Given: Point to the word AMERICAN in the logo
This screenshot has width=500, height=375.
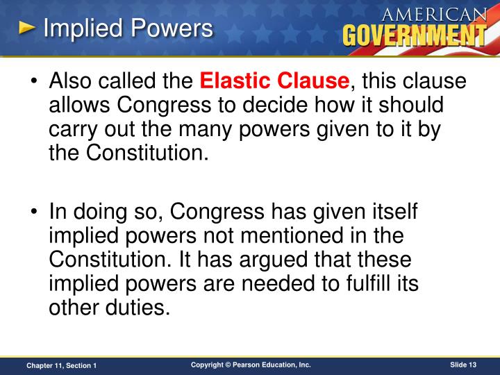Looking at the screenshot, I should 435,15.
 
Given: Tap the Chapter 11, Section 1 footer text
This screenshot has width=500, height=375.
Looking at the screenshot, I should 62,365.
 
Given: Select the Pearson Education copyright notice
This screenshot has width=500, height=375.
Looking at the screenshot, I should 251,365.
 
